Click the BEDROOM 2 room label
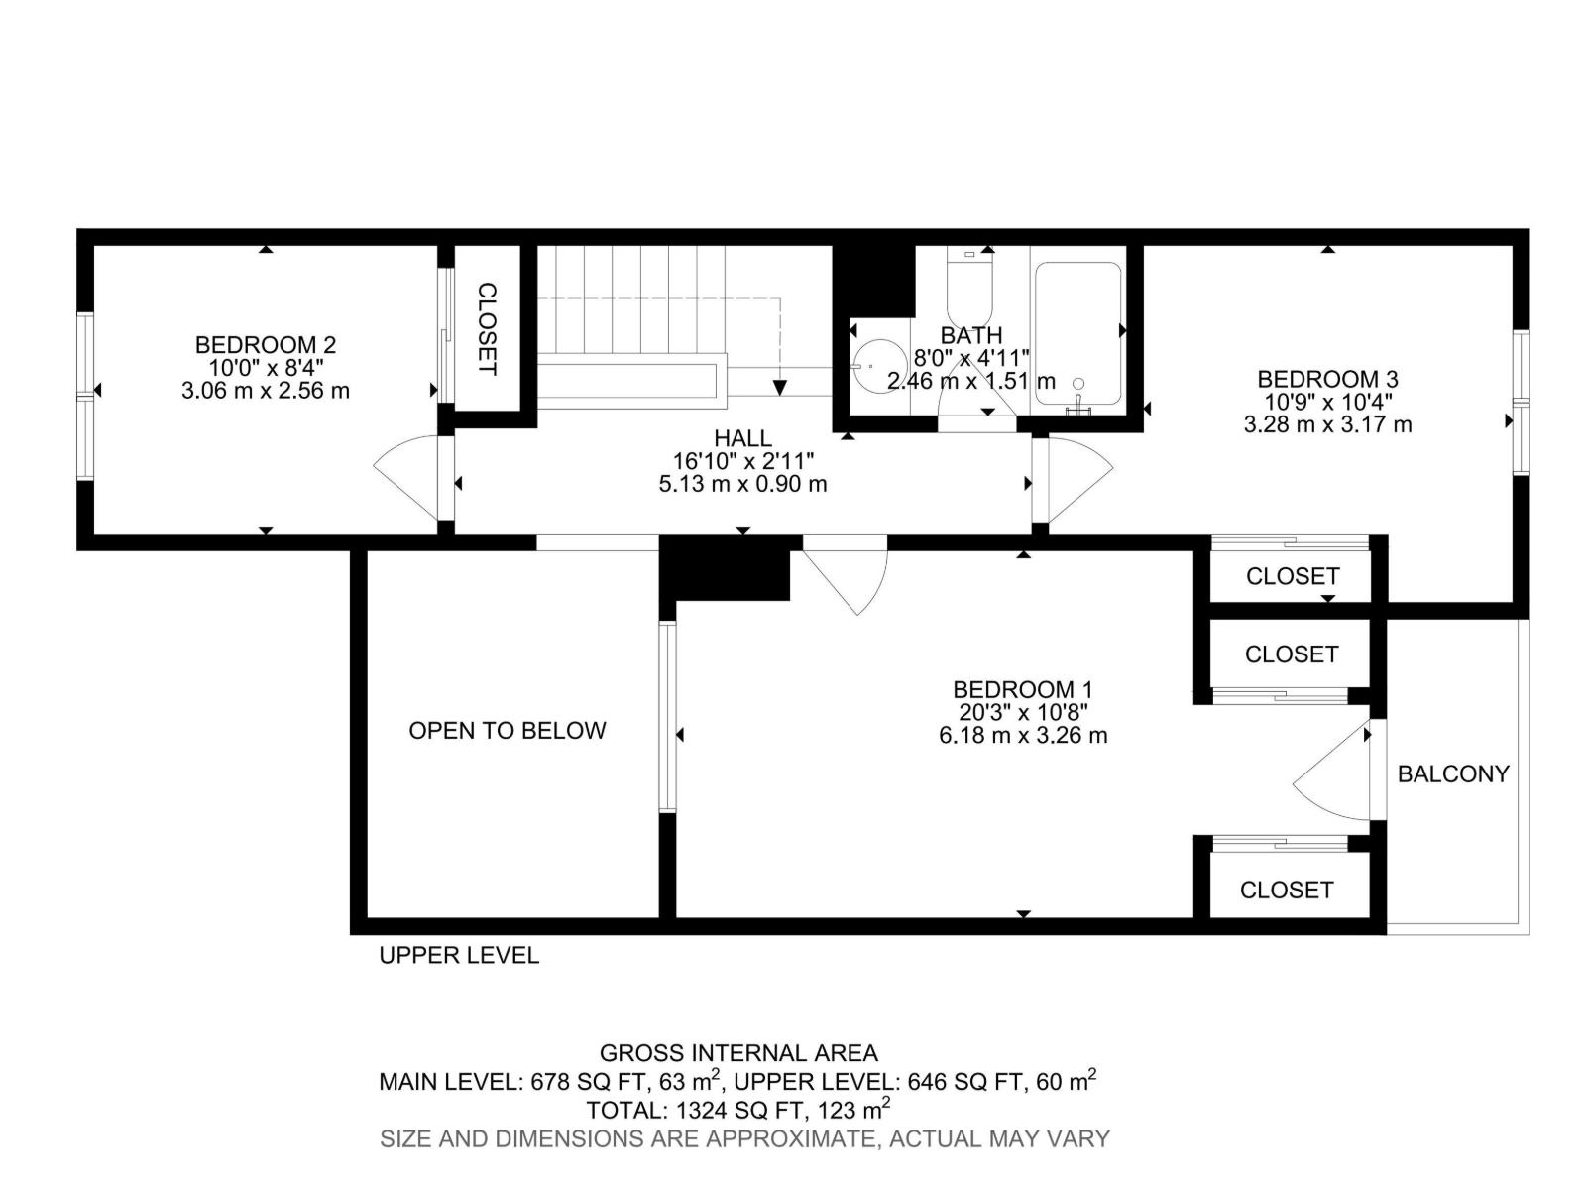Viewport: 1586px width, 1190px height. [x=266, y=345]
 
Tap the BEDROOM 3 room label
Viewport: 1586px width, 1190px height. [x=1326, y=379]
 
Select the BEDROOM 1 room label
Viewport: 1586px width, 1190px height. [x=1022, y=689]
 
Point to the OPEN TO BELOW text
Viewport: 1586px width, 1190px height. [x=508, y=731]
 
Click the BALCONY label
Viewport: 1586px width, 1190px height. [x=1453, y=773]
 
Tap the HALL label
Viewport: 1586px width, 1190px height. [x=742, y=438]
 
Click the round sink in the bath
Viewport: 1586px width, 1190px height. [x=878, y=366]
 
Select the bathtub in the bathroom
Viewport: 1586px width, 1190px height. [x=1077, y=333]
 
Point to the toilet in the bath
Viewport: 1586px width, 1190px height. [x=969, y=286]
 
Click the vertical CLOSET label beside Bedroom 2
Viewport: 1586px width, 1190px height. [x=487, y=329]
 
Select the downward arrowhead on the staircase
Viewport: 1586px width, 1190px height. [x=780, y=388]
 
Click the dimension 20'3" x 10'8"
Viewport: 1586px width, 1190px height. [x=1022, y=712]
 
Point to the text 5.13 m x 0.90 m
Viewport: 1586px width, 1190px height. [x=742, y=484]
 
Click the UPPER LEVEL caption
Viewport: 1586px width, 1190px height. [x=459, y=955]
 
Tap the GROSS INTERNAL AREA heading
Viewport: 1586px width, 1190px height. [x=738, y=1053]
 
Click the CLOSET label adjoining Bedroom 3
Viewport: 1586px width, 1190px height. [x=1293, y=576]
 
